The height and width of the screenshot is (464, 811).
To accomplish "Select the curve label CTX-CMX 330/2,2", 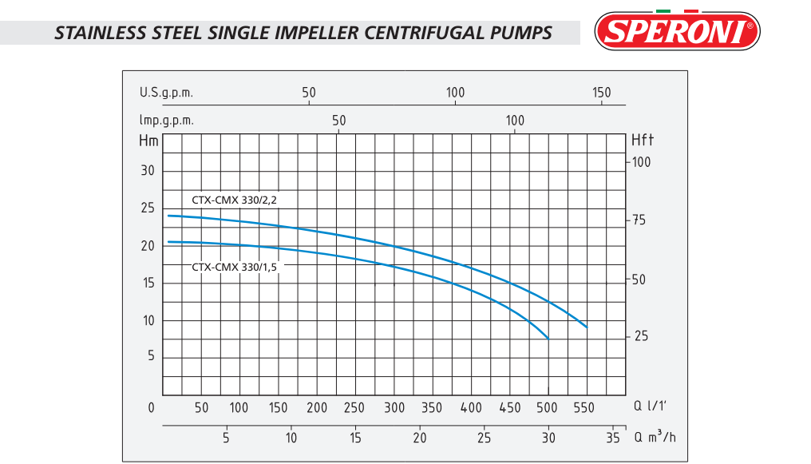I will point(235,200).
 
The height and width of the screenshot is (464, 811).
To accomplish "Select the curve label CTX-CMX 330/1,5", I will point(235,267).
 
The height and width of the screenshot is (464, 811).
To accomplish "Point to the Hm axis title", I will point(148,141).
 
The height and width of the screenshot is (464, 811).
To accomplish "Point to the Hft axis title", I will point(642,141).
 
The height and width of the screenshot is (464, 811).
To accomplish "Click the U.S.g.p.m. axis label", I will point(166,93).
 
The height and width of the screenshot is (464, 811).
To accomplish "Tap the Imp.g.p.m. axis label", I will point(166,121).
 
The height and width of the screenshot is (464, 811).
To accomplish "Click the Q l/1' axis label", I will point(650,407).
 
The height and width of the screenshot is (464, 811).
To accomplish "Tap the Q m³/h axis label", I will point(655,438).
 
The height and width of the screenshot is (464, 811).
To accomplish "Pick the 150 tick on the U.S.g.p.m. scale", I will point(601,93).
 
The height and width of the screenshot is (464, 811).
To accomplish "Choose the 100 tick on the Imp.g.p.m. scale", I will point(515,121).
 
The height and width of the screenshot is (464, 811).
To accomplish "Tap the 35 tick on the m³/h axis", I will point(613,438).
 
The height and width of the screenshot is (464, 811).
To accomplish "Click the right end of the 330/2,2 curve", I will point(587,327).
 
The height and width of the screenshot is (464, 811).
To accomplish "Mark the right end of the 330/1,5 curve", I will point(548,339).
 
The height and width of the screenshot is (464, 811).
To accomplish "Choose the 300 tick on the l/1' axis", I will point(394,408).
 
